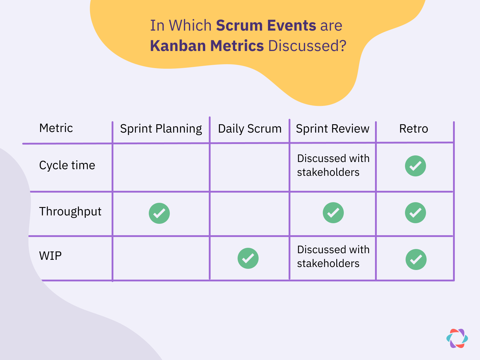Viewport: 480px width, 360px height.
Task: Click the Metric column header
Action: (x=56, y=128)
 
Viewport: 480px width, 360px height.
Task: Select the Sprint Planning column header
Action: (x=161, y=129)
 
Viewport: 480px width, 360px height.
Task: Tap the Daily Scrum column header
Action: (x=250, y=129)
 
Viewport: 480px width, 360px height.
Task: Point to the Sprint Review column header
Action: (x=332, y=129)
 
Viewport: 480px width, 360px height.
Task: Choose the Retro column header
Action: (x=413, y=129)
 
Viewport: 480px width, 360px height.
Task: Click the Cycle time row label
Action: (x=67, y=165)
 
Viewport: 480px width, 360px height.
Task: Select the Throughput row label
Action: (x=70, y=211)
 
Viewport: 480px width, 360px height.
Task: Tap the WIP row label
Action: (x=50, y=256)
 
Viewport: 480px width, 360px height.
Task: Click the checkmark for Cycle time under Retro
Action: (x=415, y=166)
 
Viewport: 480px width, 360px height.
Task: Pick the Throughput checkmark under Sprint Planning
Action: (x=159, y=213)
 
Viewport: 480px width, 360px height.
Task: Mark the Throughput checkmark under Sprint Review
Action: (x=333, y=213)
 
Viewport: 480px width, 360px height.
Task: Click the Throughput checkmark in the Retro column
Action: (x=415, y=213)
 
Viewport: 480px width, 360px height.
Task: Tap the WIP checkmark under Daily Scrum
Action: (x=248, y=258)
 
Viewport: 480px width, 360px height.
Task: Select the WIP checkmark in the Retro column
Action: (x=416, y=259)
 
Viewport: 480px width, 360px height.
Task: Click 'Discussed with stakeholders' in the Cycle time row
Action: (x=333, y=165)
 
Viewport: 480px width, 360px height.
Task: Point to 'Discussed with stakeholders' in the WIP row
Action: (x=333, y=256)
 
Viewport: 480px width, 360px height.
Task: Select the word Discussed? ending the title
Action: (x=307, y=46)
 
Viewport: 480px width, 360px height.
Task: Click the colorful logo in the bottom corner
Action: (x=457, y=338)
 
